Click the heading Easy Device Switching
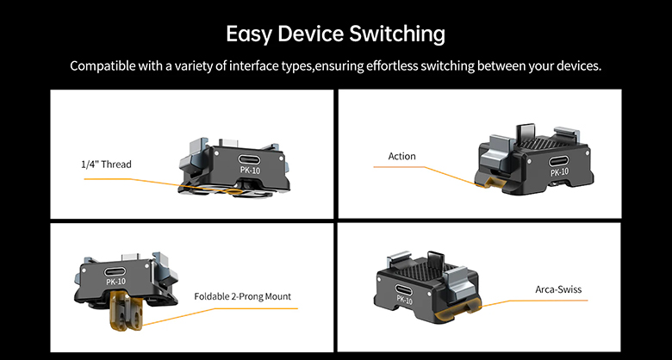(335, 34)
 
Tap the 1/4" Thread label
(107, 164)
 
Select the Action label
(401, 156)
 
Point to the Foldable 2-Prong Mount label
(243, 296)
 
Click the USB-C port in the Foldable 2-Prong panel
(115, 268)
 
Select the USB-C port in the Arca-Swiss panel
(405, 289)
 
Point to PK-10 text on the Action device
(560, 172)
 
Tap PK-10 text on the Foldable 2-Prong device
(115, 281)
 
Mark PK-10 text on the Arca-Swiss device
(405, 301)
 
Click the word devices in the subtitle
(576, 66)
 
